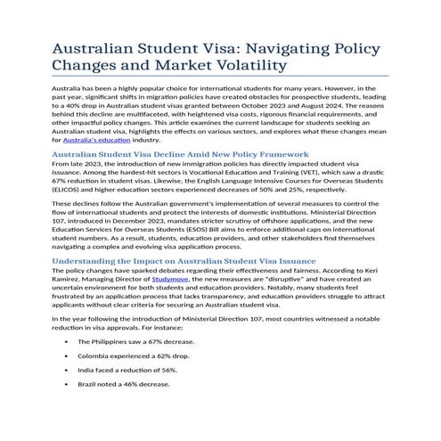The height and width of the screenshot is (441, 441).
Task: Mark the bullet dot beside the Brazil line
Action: coord(68,384)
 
